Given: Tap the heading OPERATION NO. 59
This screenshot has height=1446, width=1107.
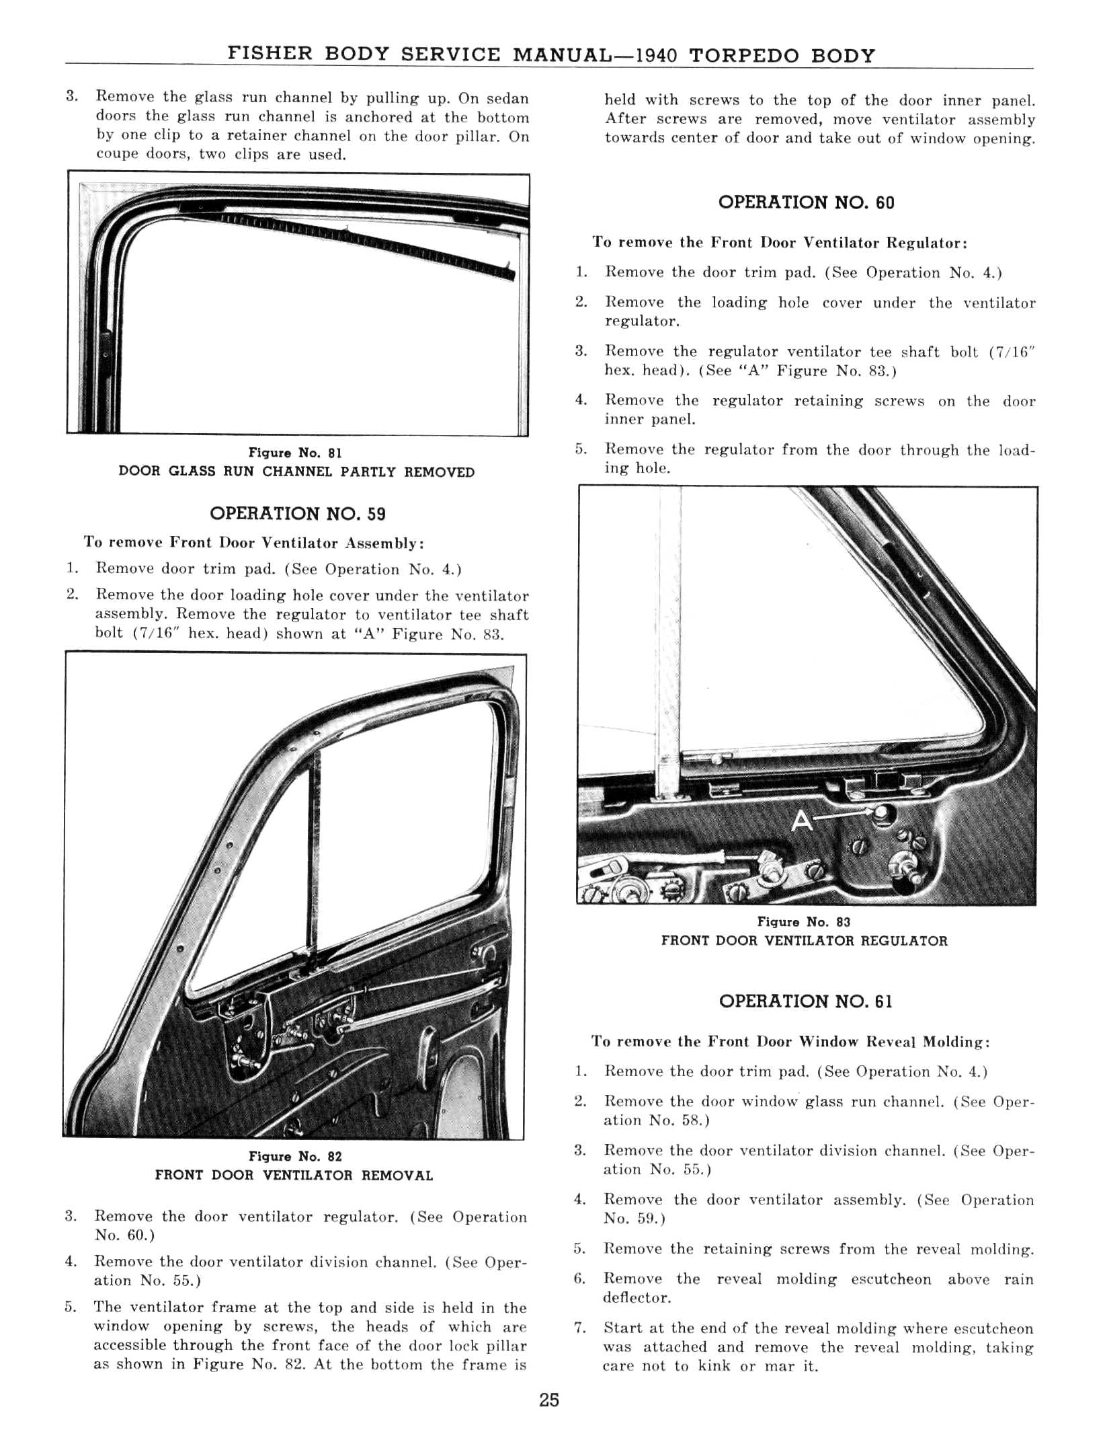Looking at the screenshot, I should pos(298,514).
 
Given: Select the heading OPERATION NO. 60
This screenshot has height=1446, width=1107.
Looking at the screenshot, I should pos(806,202).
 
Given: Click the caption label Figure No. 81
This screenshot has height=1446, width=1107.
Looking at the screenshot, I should pos(296,453).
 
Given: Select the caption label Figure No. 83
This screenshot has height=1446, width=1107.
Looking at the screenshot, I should pos(804,922).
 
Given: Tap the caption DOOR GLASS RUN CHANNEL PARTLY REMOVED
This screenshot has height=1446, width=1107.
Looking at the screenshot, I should pos(296,472).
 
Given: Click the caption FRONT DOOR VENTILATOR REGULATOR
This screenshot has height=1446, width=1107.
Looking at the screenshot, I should pos(804,941).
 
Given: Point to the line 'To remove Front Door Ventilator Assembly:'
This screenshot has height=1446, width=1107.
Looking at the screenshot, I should pos(253,543).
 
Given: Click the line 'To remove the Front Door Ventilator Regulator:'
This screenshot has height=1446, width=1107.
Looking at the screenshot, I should pos(780,243).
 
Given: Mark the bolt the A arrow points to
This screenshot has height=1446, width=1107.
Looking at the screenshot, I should pos(880,813).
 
